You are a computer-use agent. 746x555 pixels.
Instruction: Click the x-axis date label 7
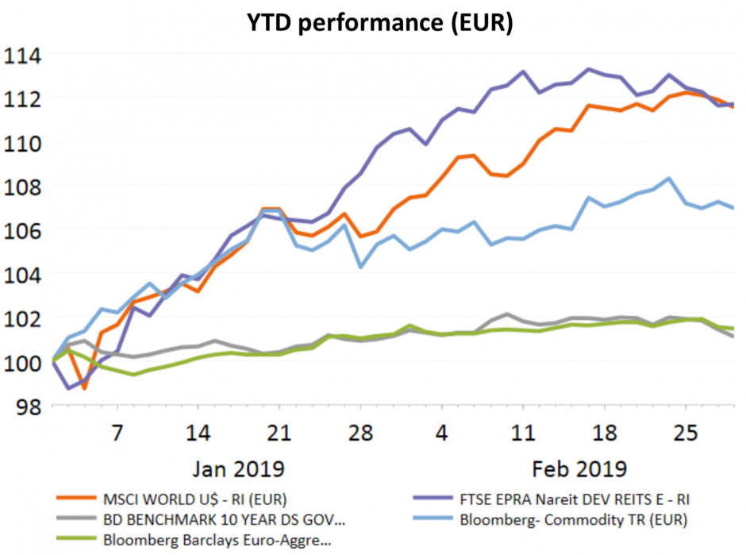click(x=117, y=434)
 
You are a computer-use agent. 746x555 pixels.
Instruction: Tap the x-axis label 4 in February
click(x=442, y=434)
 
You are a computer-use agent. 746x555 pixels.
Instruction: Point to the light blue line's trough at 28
click(x=361, y=267)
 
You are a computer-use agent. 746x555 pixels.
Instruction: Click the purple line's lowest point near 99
click(x=68, y=388)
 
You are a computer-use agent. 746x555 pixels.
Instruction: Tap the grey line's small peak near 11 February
click(x=508, y=314)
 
